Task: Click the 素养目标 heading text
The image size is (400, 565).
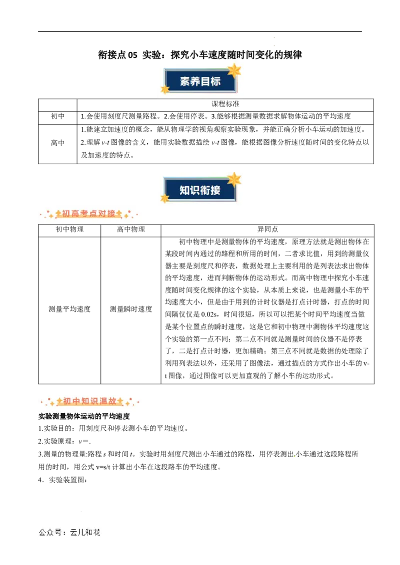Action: pyautogui.click(x=200, y=81)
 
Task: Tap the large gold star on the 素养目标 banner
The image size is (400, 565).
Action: pyautogui.click(x=233, y=70)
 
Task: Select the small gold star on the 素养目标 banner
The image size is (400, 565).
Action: pyautogui.click(x=164, y=89)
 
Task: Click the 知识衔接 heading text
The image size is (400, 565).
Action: pyautogui.click(x=200, y=190)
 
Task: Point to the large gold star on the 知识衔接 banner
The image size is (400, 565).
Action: pyautogui.click(x=233, y=179)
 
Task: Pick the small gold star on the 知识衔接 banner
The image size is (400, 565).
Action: pyautogui.click(x=164, y=198)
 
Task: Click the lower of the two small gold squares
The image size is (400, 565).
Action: pyautogui.click(x=274, y=46)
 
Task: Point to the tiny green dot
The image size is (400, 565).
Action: pyautogui.click(x=294, y=457)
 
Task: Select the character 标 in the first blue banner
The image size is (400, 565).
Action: pyautogui.click(x=215, y=81)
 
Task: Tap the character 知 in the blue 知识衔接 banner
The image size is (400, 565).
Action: pyautogui.click(x=185, y=190)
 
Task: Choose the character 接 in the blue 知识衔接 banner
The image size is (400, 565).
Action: pyautogui.click(x=215, y=190)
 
